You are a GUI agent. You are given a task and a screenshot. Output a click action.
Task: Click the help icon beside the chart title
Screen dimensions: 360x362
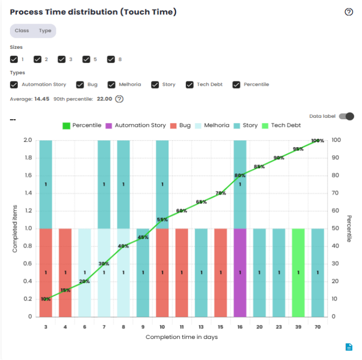(x=348, y=12)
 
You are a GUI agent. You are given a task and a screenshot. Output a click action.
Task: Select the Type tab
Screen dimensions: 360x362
(x=45, y=30)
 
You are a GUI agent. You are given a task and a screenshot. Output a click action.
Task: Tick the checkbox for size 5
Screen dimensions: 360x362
(x=86, y=59)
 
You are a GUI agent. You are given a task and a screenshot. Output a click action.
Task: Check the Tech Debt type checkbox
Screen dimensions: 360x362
(x=190, y=85)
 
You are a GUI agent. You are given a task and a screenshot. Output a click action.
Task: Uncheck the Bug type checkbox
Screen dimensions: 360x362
(x=80, y=85)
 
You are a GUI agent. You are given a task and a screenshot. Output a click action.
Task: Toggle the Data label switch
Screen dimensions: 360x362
(x=346, y=116)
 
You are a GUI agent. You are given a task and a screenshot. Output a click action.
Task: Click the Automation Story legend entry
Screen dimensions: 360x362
(x=136, y=126)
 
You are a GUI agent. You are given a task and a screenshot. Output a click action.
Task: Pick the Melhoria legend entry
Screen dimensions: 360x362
(x=212, y=126)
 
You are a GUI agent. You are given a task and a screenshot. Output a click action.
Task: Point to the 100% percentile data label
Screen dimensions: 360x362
(x=317, y=141)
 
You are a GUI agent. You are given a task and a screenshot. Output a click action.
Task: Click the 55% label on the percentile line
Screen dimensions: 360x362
(x=162, y=220)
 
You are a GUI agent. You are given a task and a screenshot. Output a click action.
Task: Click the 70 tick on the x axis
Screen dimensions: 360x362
(x=317, y=326)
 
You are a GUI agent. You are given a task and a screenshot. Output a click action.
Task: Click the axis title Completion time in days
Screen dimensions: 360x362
(x=182, y=337)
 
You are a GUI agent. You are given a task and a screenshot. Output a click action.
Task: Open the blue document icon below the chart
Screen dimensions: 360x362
(x=348, y=346)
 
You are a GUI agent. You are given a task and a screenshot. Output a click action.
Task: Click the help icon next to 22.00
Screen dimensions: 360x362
(x=119, y=99)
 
